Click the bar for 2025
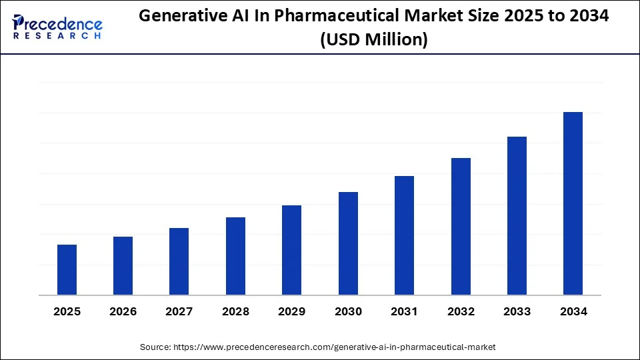[x=67, y=270]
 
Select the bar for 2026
[x=123, y=266]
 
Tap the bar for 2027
[x=179, y=261]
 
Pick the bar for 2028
[x=235, y=256]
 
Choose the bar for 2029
[x=291, y=250]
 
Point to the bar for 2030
[x=348, y=243]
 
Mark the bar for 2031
[x=404, y=235]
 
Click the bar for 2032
[x=461, y=227]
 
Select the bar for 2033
[x=517, y=216]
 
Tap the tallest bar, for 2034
[x=573, y=203]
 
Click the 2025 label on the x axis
[x=67, y=311]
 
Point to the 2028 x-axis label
[x=235, y=311]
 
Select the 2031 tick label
[x=404, y=311]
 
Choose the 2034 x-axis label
[x=573, y=311]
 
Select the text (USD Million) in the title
[x=373, y=39]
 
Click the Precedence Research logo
[x=57, y=27]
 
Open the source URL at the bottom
[x=334, y=347]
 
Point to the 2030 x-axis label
[x=348, y=311]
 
